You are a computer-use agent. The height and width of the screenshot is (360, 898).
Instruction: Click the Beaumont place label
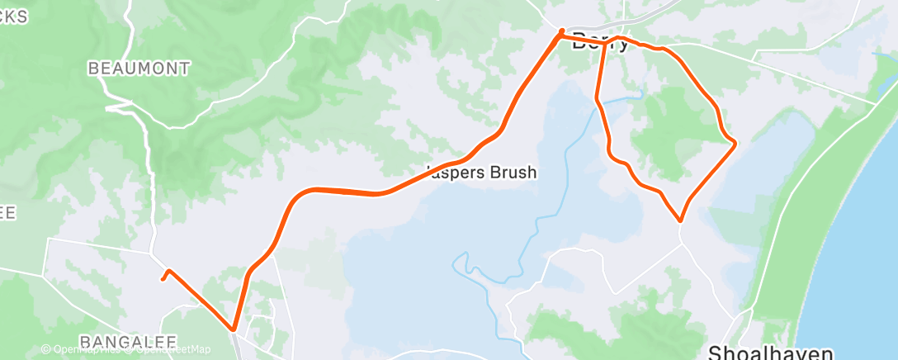(x=139, y=69)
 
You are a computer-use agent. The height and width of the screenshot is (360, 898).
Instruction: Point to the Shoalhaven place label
(x=782, y=353)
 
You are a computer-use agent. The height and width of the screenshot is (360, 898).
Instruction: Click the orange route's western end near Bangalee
(x=162, y=279)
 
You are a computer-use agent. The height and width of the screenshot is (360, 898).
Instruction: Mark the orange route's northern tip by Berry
(x=562, y=32)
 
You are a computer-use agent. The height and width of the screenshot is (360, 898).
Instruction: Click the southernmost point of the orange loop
(x=680, y=220)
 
